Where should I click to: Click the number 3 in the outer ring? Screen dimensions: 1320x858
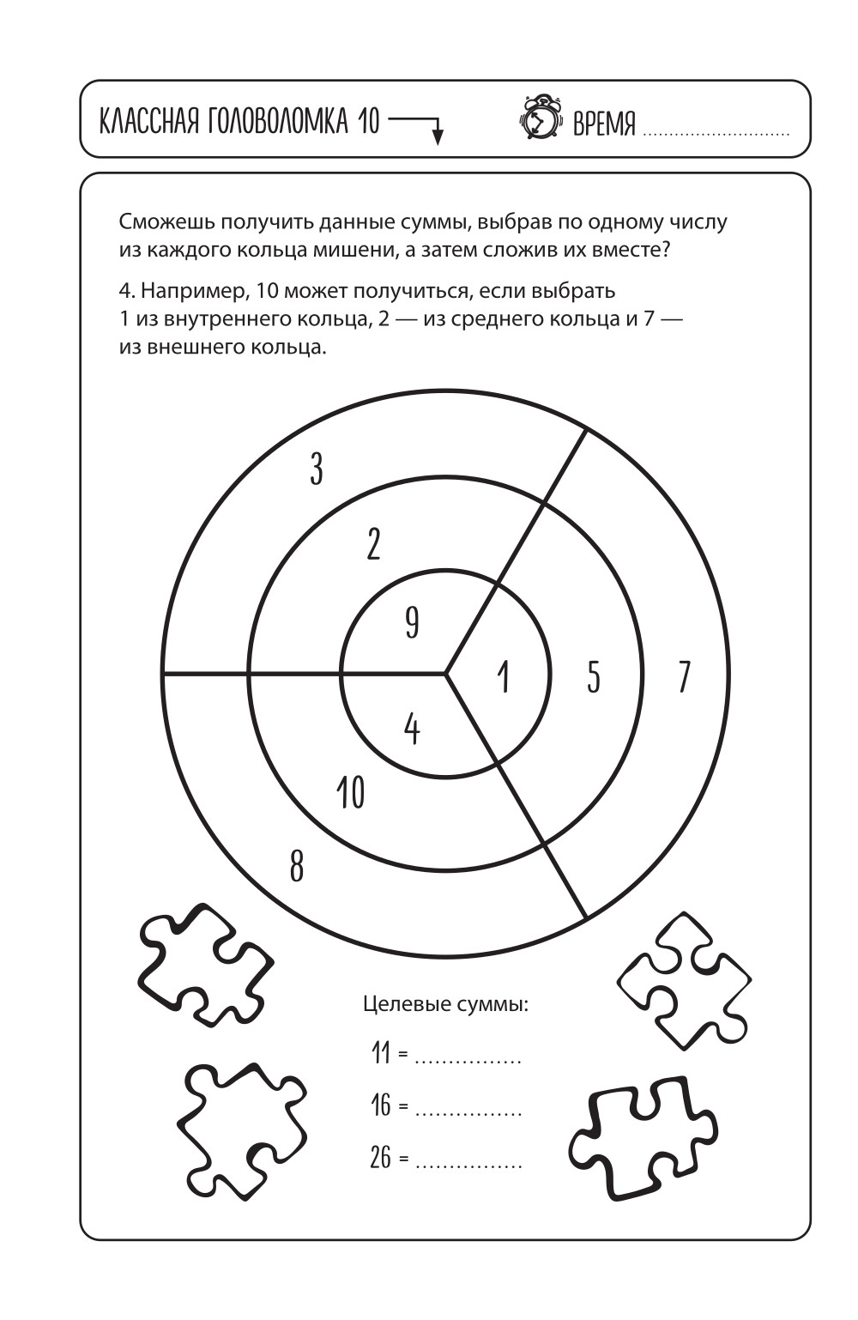[317, 469]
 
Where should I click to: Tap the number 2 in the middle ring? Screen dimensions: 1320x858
[372, 544]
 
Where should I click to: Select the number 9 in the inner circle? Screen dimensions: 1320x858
[412, 622]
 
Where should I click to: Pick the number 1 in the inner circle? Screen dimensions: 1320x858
[504, 676]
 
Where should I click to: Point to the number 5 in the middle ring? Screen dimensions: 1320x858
[594, 677]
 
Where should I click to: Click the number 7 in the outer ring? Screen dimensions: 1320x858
[683, 677]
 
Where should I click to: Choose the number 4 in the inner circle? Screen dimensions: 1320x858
[412, 729]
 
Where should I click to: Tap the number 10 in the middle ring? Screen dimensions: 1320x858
[351, 791]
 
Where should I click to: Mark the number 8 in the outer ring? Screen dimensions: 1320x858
[296, 866]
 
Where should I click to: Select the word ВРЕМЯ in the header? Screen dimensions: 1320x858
[604, 125]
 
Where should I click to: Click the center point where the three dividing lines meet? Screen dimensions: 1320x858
[445, 674]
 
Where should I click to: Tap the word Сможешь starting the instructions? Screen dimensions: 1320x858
[166, 221]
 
